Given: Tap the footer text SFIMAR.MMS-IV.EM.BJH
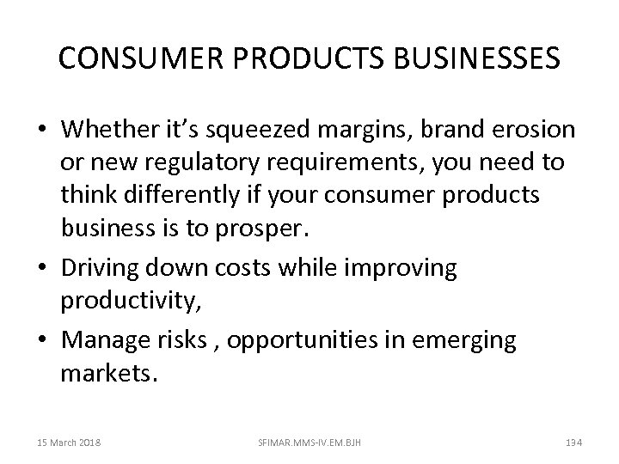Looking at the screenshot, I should pos(309,441).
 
